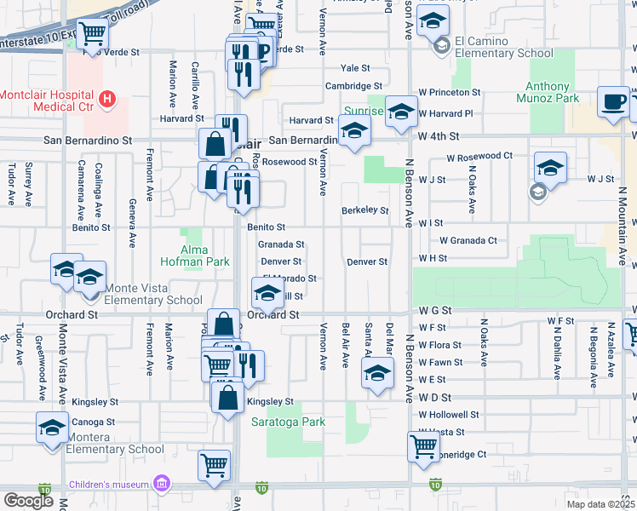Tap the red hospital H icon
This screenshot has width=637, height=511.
pyautogui.click(x=106, y=100)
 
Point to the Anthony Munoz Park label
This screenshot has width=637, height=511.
pyautogui.click(x=547, y=92)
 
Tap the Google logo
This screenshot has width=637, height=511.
pyautogui.click(x=27, y=501)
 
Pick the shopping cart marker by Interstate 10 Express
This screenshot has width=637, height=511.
pyautogui.click(x=92, y=33)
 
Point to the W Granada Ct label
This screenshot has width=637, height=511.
pyautogui.click(x=468, y=241)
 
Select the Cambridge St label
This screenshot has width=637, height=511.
pyautogui.click(x=353, y=86)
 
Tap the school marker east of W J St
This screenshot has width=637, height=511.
pyautogui.click(x=550, y=166)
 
